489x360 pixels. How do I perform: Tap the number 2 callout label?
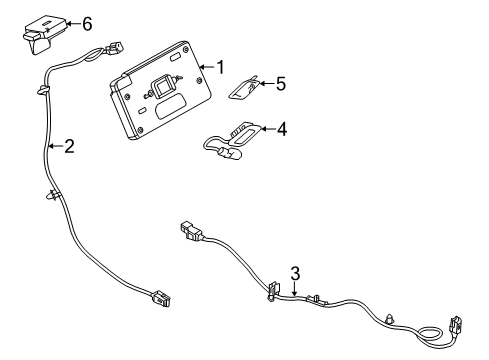[x=68, y=146]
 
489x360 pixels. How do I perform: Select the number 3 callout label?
[x=295, y=272]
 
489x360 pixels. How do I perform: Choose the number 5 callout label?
[x=280, y=85]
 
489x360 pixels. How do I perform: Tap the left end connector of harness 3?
[x=190, y=232]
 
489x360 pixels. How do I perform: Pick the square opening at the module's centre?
[x=158, y=86]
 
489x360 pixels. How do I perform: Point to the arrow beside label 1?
[x=206, y=68]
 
